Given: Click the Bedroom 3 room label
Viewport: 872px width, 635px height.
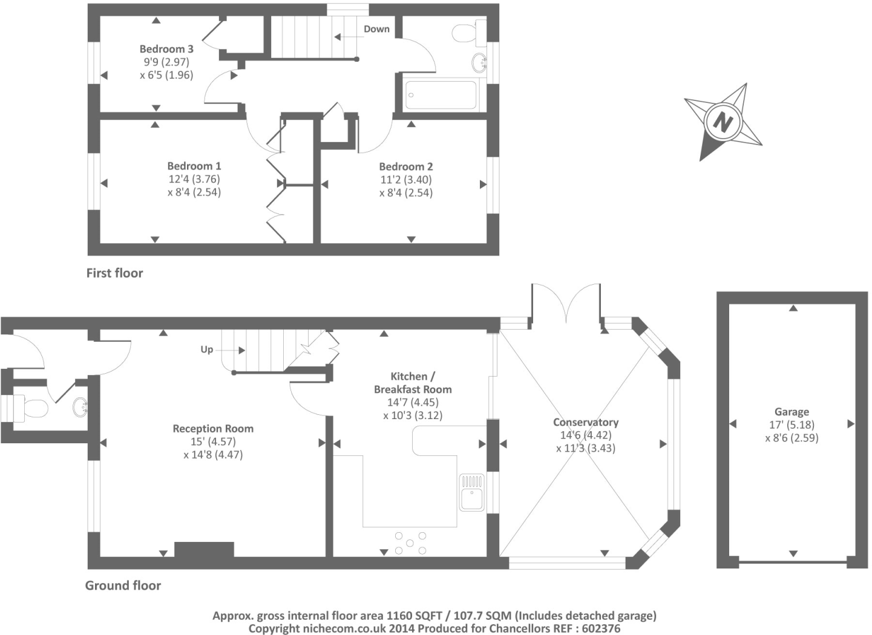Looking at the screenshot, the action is pyautogui.click(x=166, y=49).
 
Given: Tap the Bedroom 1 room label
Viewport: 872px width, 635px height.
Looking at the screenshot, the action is pyautogui.click(x=194, y=166).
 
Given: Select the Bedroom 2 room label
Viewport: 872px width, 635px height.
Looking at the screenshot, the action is pyautogui.click(x=406, y=166).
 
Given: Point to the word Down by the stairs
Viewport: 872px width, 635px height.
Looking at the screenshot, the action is pyautogui.click(x=376, y=29).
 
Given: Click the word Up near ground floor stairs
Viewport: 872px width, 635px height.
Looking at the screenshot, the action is pyautogui.click(x=207, y=350).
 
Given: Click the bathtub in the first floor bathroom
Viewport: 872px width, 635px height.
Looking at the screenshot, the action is pyautogui.click(x=441, y=95).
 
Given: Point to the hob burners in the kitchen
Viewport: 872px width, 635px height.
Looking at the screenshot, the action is pyautogui.click(x=410, y=542).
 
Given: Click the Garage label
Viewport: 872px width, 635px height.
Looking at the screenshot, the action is pyautogui.click(x=792, y=412).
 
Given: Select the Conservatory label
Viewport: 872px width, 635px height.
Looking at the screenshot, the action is pyautogui.click(x=586, y=422).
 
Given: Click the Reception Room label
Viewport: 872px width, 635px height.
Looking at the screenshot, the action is pyautogui.click(x=213, y=428).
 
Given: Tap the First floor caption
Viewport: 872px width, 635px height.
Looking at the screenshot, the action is pyautogui.click(x=114, y=273).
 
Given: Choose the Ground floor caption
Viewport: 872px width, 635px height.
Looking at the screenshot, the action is pyautogui.click(x=123, y=585).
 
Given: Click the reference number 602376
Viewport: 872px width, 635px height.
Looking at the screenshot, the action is pyautogui.click(x=598, y=629).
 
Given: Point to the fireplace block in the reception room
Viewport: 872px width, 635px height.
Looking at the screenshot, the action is pyautogui.click(x=204, y=549).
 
